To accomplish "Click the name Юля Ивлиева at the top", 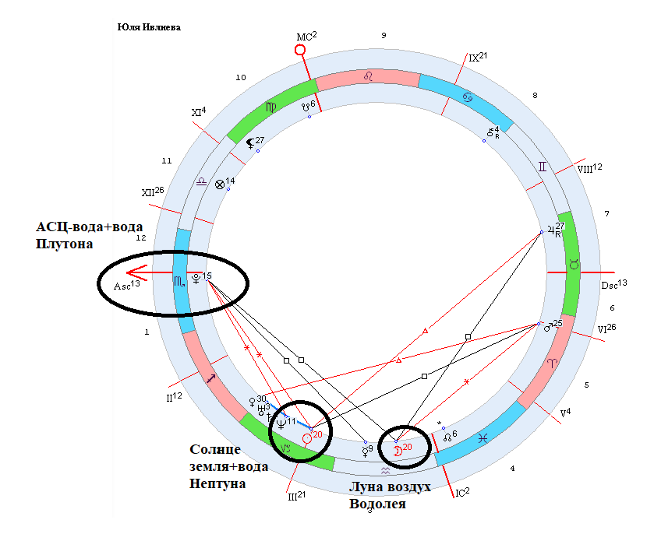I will [148, 26].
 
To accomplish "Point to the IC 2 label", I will [461, 491].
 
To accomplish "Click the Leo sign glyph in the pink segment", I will [374, 76].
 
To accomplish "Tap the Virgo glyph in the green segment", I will [270, 107].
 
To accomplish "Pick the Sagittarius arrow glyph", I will [211, 378].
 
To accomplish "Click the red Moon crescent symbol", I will [397, 451].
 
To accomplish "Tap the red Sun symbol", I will [306, 438].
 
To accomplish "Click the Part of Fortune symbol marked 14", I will [220, 184].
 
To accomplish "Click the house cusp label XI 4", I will [198, 112].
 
